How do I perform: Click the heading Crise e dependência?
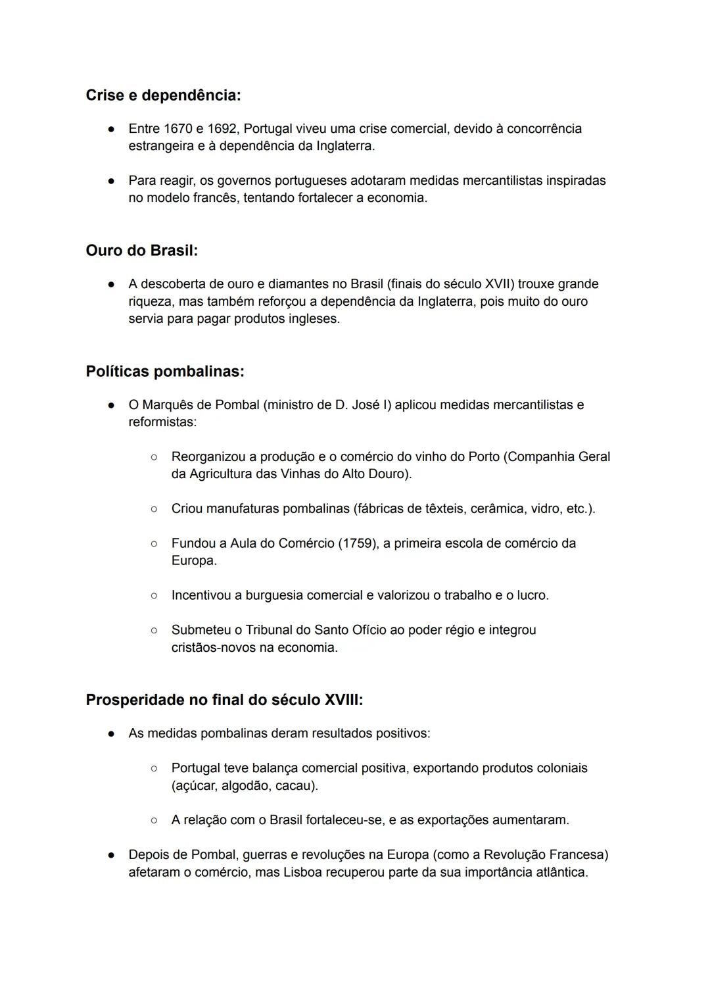[163, 95]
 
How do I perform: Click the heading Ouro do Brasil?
[141, 251]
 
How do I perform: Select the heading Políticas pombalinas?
[165, 372]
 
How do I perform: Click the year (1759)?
[356, 543]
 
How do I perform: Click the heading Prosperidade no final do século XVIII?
[224, 700]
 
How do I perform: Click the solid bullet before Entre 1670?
[112, 129]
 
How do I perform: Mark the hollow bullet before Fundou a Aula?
[154, 544]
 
